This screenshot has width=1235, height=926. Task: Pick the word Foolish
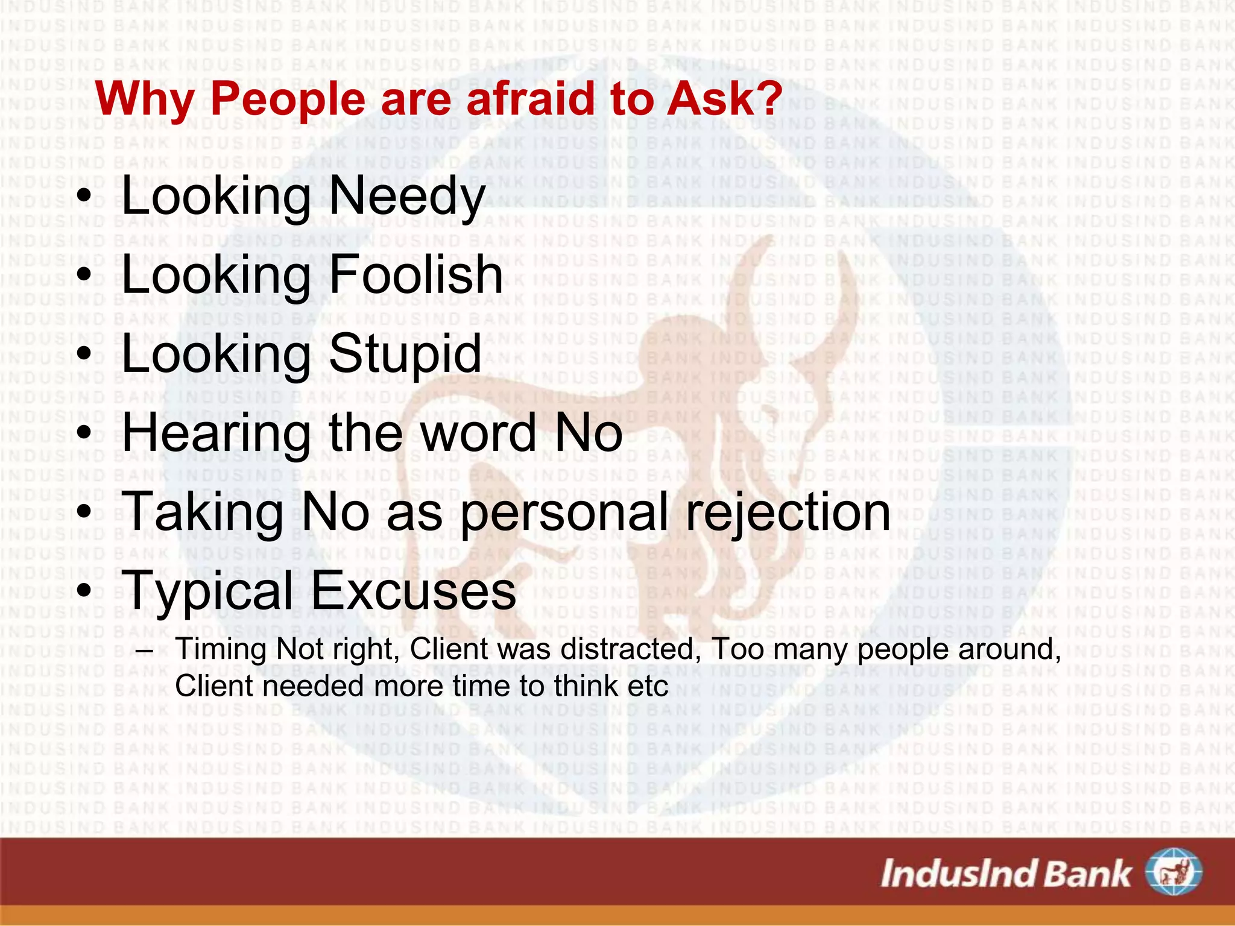click(x=416, y=274)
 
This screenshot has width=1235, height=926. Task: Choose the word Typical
click(x=208, y=591)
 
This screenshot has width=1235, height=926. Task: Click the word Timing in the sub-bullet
click(x=221, y=650)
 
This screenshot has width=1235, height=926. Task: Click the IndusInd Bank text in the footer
click(x=1006, y=874)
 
